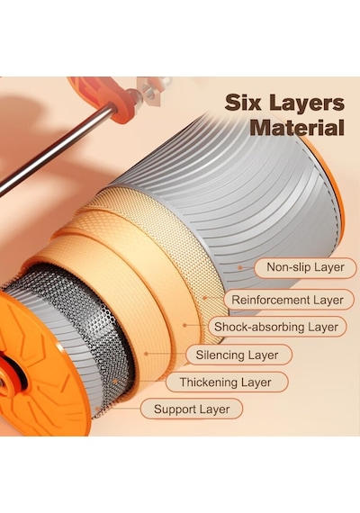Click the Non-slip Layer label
(x=305, y=267)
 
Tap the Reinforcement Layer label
(x=287, y=300)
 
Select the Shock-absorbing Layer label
(x=276, y=327)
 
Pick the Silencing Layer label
(x=238, y=355)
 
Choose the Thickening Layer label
(x=226, y=382)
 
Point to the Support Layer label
(x=192, y=409)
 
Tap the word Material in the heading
(x=297, y=128)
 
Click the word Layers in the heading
(x=307, y=104)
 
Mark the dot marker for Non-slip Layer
(x=240, y=267)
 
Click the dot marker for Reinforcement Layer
(x=205, y=298)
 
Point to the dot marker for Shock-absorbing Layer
(x=184, y=325)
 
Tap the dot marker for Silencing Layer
(x=147, y=354)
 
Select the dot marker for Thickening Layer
(x=115, y=382)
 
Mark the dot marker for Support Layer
(x=97, y=409)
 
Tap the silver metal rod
(x=56, y=150)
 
